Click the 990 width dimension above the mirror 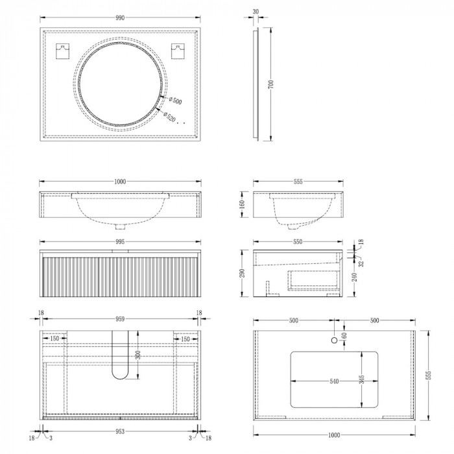[x=120, y=18]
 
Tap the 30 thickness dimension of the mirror [x=256, y=12]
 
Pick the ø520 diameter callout [x=171, y=117]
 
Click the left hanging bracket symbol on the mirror [x=64, y=51]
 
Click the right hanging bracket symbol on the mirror [x=177, y=51]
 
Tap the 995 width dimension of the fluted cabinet [x=120, y=241]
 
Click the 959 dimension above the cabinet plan [x=120, y=319]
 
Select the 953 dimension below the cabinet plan [x=120, y=430]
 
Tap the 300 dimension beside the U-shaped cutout [x=137, y=355]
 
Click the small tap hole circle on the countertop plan [x=335, y=340]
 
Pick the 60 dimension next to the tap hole [x=344, y=335]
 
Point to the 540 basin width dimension [x=334, y=381]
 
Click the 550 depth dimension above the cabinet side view [x=298, y=241]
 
